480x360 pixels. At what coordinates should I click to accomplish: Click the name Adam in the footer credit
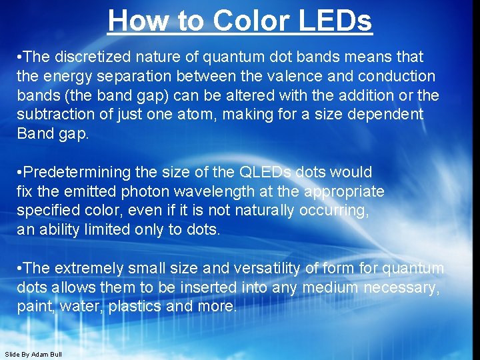coord(39,354)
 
